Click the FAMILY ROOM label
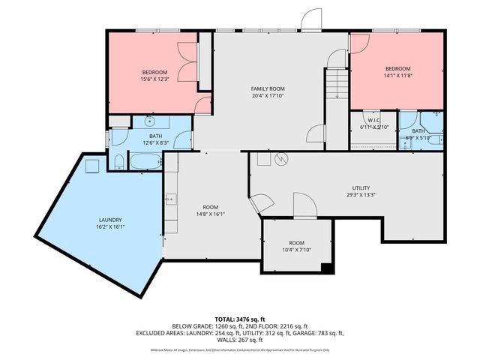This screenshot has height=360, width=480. tap(268, 88)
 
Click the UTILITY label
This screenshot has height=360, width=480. tap(361, 188)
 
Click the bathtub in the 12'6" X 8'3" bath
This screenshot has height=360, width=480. tap(145, 162)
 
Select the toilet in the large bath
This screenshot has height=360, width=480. tap(119, 160)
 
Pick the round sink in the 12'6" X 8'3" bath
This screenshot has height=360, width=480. tap(150, 121)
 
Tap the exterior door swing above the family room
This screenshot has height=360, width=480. tap(311, 20)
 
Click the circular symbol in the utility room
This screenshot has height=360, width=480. tap(282, 159)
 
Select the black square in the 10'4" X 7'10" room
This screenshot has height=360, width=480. tap(325, 268)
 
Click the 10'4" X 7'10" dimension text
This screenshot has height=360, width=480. tap(297, 251)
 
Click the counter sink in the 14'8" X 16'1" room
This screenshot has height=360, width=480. tap(171, 199)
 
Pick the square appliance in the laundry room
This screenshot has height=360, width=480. tap(94, 166)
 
